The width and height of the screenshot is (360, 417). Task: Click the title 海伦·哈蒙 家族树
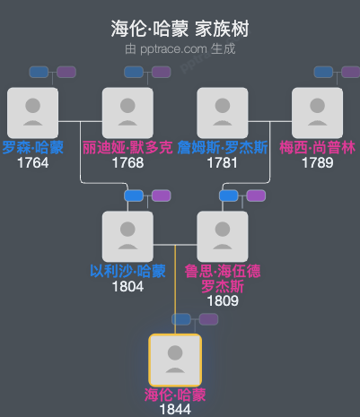[180, 30]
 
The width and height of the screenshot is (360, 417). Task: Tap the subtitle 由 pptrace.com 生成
[180, 48]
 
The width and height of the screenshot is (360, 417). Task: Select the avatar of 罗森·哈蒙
[32, 112]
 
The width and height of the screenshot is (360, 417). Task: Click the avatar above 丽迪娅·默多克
[127, 112]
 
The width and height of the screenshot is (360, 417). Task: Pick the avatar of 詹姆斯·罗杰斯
[223, 112]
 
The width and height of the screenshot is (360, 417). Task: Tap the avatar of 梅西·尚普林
[317, 112]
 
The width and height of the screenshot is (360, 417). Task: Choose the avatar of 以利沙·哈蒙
[127, 236]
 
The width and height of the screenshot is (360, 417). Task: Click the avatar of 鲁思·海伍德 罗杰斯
[223, 236]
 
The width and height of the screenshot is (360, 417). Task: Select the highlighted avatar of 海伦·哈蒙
[175, 360]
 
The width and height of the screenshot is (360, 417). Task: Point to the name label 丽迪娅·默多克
[127, 148]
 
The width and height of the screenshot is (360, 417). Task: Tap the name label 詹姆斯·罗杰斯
[223, 148]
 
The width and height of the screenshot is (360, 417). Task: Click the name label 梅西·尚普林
[317, 148]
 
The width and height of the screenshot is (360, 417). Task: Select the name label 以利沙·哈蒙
[127, 272]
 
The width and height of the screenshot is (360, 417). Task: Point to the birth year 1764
[32, 163]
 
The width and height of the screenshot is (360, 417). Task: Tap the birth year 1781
[223, 163]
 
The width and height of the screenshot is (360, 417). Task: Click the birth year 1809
[223, 301]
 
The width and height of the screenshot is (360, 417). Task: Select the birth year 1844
[175, 410]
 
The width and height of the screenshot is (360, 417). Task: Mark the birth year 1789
[317, 163]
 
